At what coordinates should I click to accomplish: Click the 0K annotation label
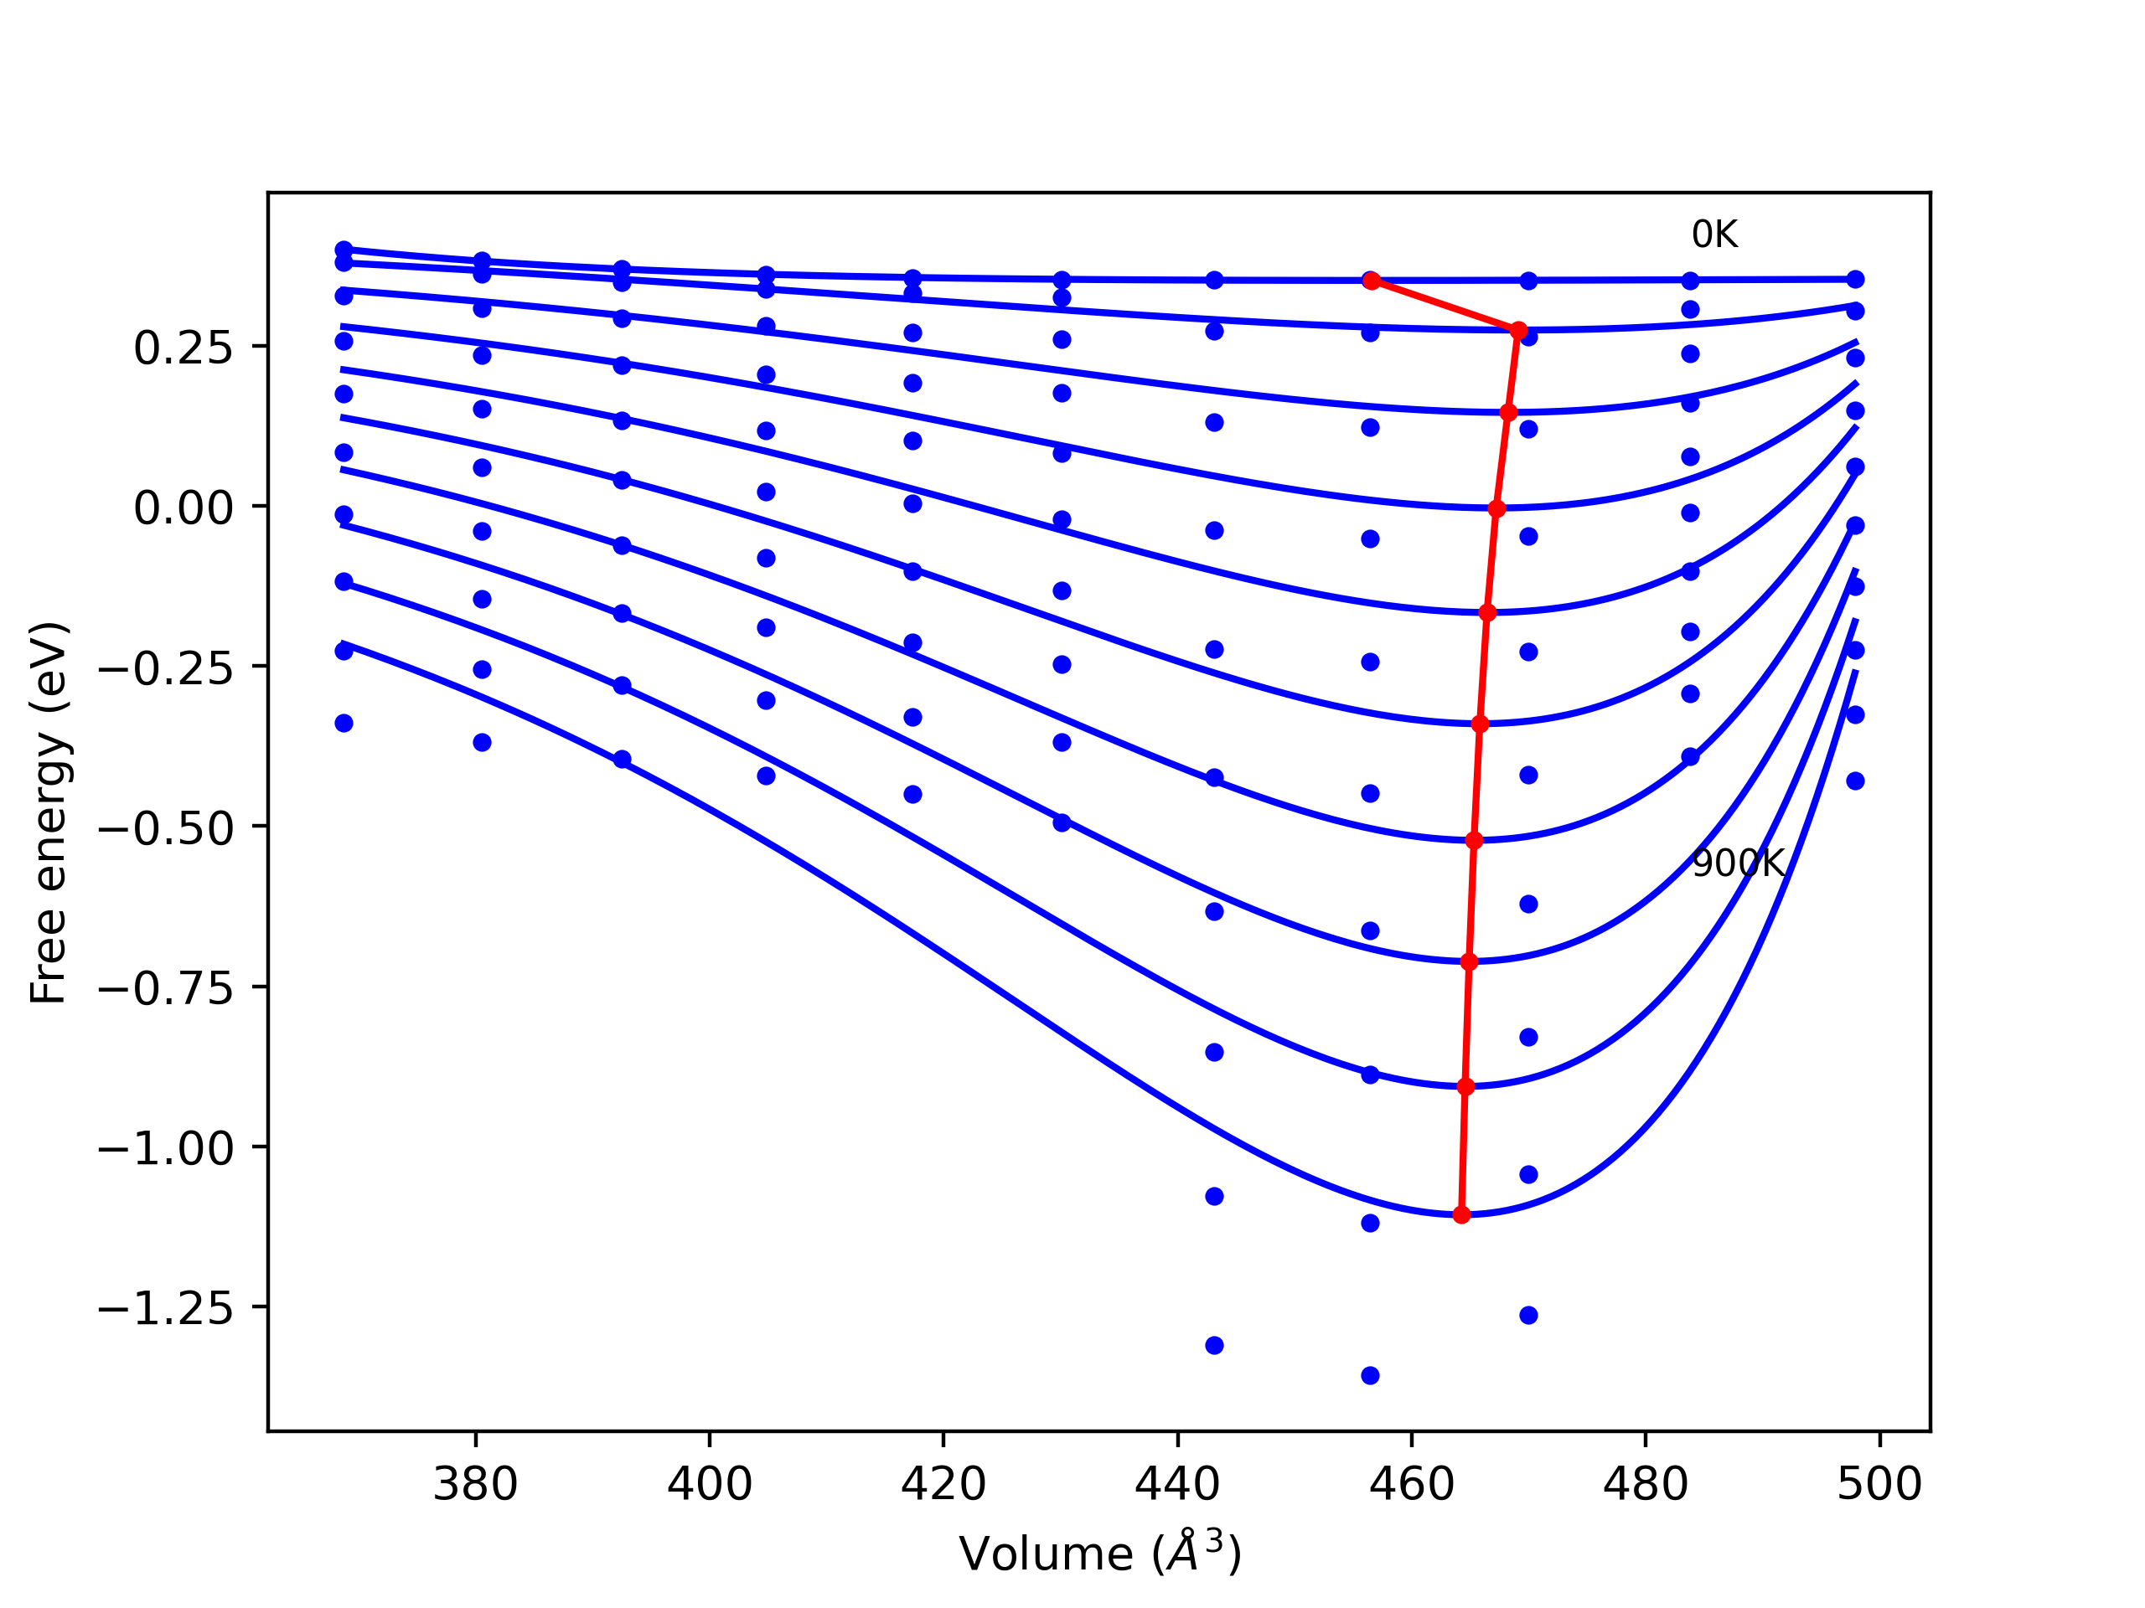pos(1714,234)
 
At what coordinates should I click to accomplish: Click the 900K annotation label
pos(1738,863)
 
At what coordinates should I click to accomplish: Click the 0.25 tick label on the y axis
pos(183,348)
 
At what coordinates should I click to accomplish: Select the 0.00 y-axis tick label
pos(183,508)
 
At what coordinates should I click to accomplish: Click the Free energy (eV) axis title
pos(49,813)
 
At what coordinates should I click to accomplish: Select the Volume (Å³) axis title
pos(1099,1554)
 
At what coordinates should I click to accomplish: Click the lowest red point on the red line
pos(1461,1214)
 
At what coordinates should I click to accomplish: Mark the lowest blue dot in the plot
pos(1370,1375)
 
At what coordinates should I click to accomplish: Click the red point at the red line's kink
pos(1518,331)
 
